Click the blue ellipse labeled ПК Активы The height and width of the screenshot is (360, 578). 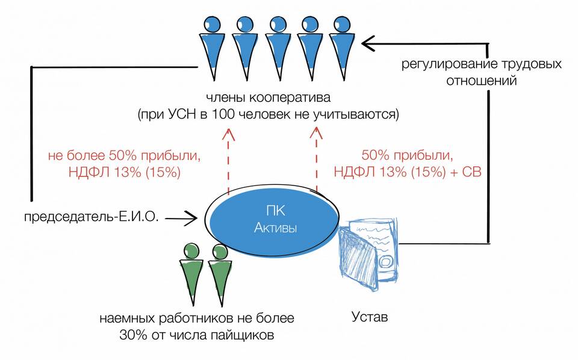(273, 221)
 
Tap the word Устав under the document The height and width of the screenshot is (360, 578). (370, 317)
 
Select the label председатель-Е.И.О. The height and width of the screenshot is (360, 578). (92, 217)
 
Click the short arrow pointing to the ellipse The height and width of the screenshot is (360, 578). (181, 219)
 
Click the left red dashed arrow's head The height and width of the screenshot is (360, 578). (228, 134)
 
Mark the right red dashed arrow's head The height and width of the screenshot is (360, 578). (316, 134)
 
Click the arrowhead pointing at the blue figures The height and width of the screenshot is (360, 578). (368, 43)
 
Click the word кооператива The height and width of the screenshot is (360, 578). (290, 98)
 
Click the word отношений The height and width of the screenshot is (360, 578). (482, 81)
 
